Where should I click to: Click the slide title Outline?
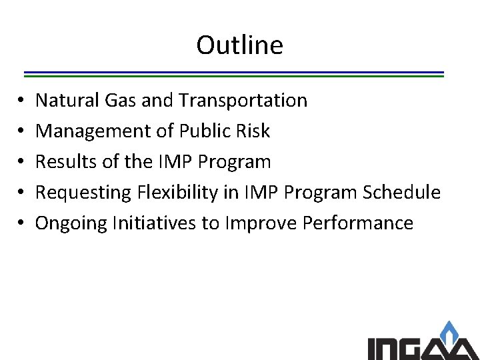239,45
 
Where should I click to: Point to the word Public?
194,131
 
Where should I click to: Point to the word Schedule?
401,192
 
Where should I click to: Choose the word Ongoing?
69,223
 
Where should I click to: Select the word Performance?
358,223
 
